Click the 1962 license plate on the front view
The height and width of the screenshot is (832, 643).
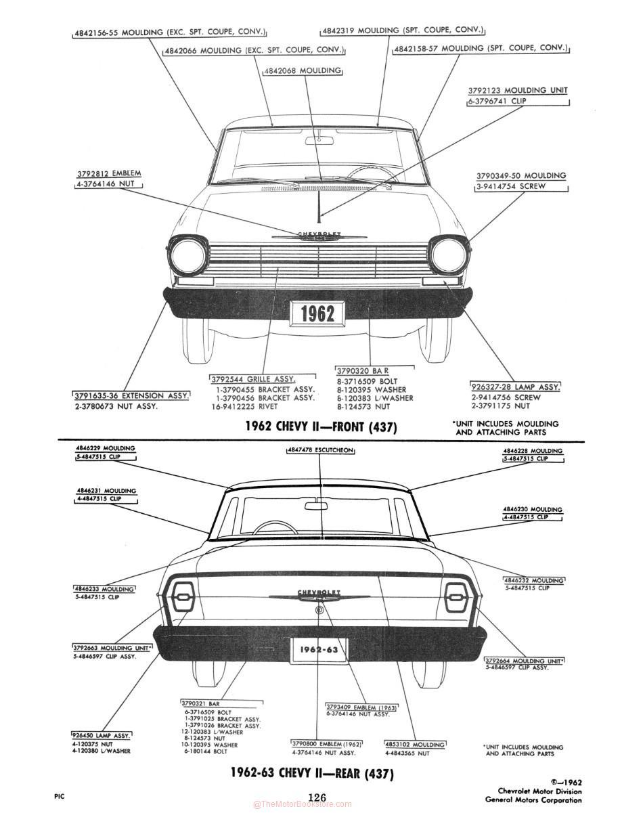(317, 313)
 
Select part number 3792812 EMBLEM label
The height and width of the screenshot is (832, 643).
(109, 173)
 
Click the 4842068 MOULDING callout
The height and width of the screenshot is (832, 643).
(303, 70)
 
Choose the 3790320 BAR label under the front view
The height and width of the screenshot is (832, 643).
(363, 371)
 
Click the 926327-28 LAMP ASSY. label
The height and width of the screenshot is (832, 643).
(516, 387)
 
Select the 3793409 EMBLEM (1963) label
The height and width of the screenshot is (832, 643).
(361, 707)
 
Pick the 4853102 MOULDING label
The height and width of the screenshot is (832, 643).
(415, 745)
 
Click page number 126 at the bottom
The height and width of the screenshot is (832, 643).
(317, 797)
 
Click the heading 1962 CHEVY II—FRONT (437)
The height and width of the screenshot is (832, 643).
(321, 426)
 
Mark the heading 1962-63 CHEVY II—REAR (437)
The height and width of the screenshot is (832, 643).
(311, 773)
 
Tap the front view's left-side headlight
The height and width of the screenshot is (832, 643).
(188, 257)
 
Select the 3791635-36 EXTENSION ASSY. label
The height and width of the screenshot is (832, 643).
(131, 395)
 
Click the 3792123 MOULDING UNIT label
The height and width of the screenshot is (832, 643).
(518, 90)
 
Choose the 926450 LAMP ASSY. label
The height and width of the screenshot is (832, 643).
(102, 735)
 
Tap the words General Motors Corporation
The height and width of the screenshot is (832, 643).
(533, 800)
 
